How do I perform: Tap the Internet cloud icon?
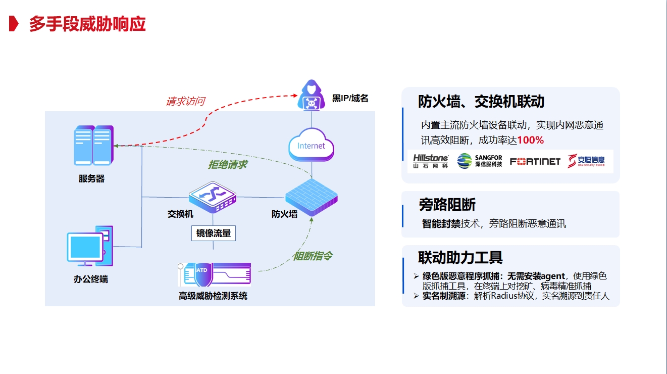click(x=312, y=146)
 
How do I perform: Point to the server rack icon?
click(x=93, y=146)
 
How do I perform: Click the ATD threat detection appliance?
click(x=215, y=274)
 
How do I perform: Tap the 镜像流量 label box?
click(x=213, y=233)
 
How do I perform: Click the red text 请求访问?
click(x=185, y=101)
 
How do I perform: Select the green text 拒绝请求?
click(x=227, y=165)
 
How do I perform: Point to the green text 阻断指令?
click(x=313, y=256)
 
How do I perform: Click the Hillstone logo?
click(x=431, y=161)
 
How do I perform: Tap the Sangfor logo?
click(x=480, y=161)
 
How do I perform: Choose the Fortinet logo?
click(x=535, y=161)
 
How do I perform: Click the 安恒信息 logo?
click(x=586, y=161)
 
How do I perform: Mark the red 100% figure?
click(x=530, y=140)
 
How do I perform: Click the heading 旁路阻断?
click(x=447, y=205)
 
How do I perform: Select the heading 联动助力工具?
click(x=460, y=257)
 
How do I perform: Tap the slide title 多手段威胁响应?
click(x=87, y=24)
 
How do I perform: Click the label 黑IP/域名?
click(x=350, y=98)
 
